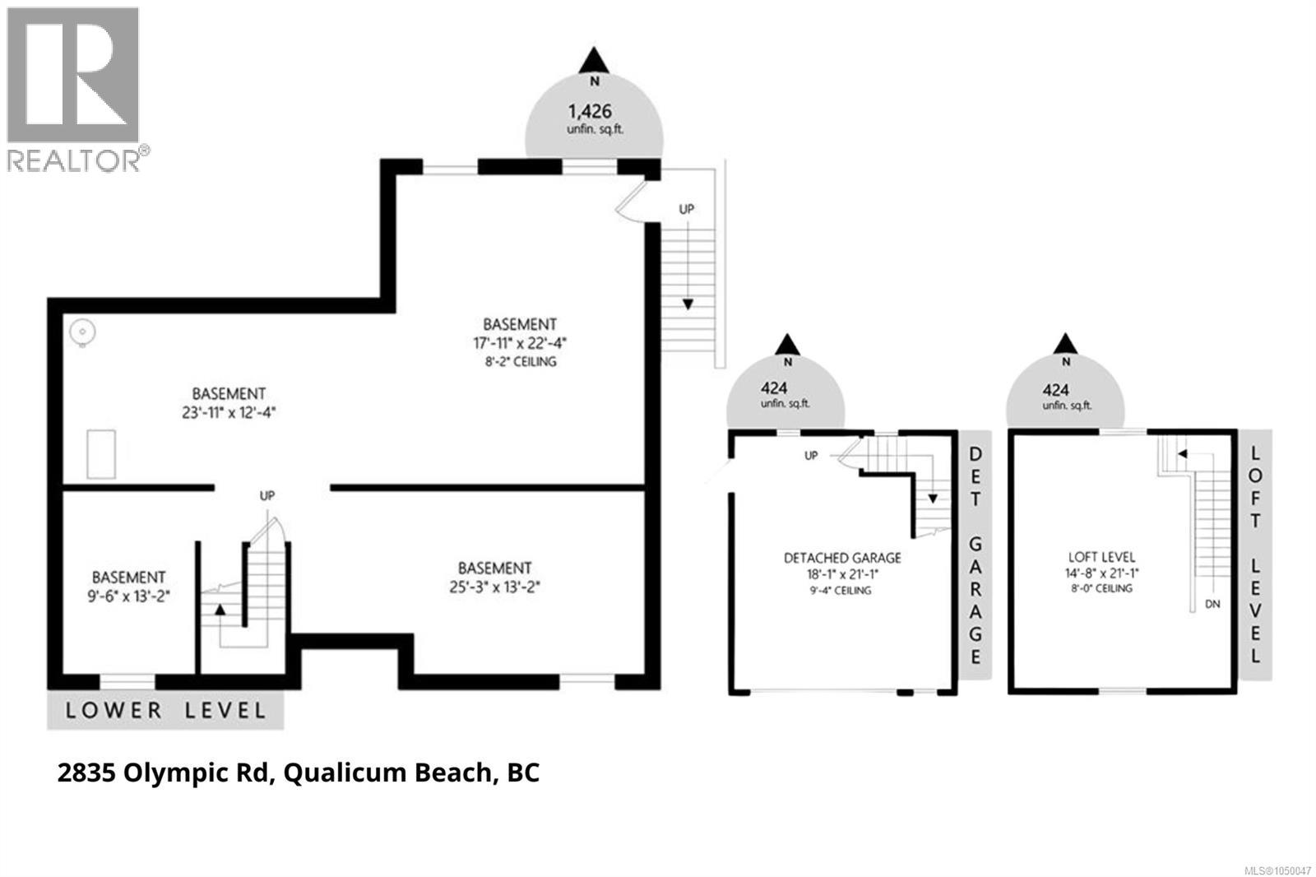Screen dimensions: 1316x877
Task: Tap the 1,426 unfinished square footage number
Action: tap(589, 111)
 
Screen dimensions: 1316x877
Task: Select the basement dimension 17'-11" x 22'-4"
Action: tap(519, 343)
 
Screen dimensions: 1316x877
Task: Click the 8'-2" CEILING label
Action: tap(521, 361)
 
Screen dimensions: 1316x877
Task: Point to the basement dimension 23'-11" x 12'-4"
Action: tap(229, 412)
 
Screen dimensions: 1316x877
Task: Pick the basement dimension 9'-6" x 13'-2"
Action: tap(128, 596)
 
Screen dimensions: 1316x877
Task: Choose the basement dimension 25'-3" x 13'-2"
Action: tap(494, 587)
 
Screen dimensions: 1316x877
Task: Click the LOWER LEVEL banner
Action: tap(165, 710)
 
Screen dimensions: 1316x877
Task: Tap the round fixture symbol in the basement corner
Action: tap(82, 333)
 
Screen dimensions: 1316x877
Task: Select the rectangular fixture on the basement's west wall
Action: tap(101, 453)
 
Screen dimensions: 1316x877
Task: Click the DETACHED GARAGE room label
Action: tap(842, 558)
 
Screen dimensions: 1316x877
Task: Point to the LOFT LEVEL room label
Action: tap(1101, 557)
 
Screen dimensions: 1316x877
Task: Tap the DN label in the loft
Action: tap(1212, 604)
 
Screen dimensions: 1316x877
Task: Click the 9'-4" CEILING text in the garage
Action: tap(841, 590)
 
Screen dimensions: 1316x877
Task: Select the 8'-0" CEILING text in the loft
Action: tap(1101, 587)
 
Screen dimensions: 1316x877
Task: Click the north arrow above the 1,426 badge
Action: tap(594, 60)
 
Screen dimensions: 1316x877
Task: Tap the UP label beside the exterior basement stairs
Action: tap(686, 209)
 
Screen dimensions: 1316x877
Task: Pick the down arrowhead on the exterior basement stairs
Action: tap(688, 304)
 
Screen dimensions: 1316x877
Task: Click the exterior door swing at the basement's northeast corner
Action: tap(632, 202)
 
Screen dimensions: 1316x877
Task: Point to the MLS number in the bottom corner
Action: tap(1278, 870)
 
